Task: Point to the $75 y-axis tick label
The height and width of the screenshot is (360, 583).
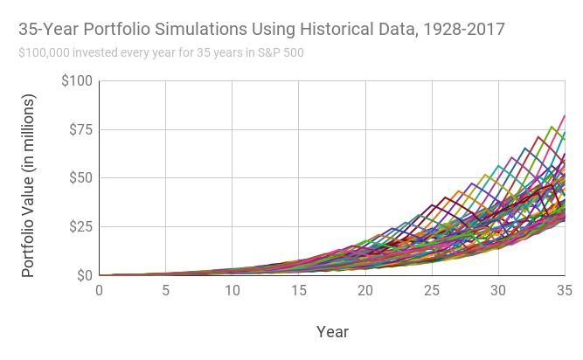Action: coord(80,129)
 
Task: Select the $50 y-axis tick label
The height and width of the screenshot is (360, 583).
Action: coord(80,178)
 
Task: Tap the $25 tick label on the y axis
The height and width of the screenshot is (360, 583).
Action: coord(80,227)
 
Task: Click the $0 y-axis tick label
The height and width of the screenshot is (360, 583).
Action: coord(83,276)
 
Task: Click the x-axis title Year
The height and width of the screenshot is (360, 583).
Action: coord(332,332)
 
